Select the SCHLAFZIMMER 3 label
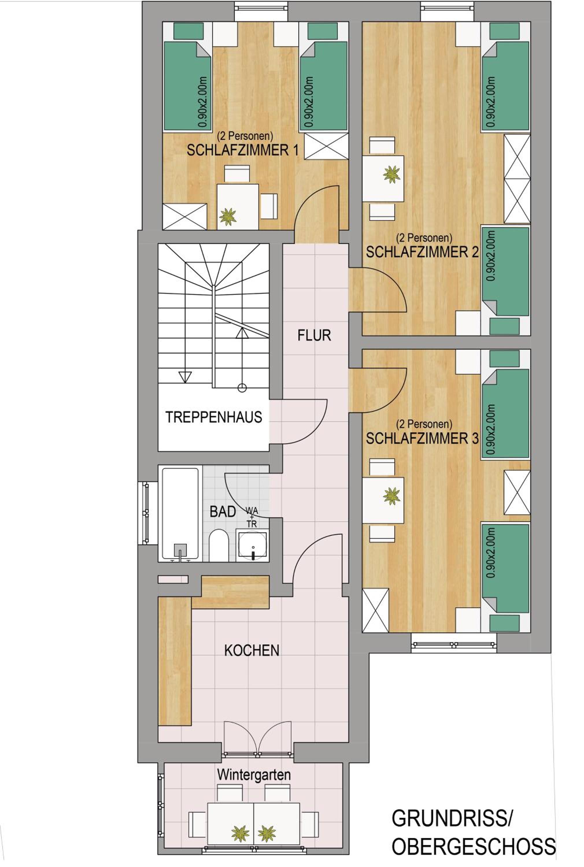tap(422, 438)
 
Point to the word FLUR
tap(314, 336)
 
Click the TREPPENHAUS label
tap(214, 417)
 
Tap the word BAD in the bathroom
tap(223, 512)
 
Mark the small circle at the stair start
tap(242, 388)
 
